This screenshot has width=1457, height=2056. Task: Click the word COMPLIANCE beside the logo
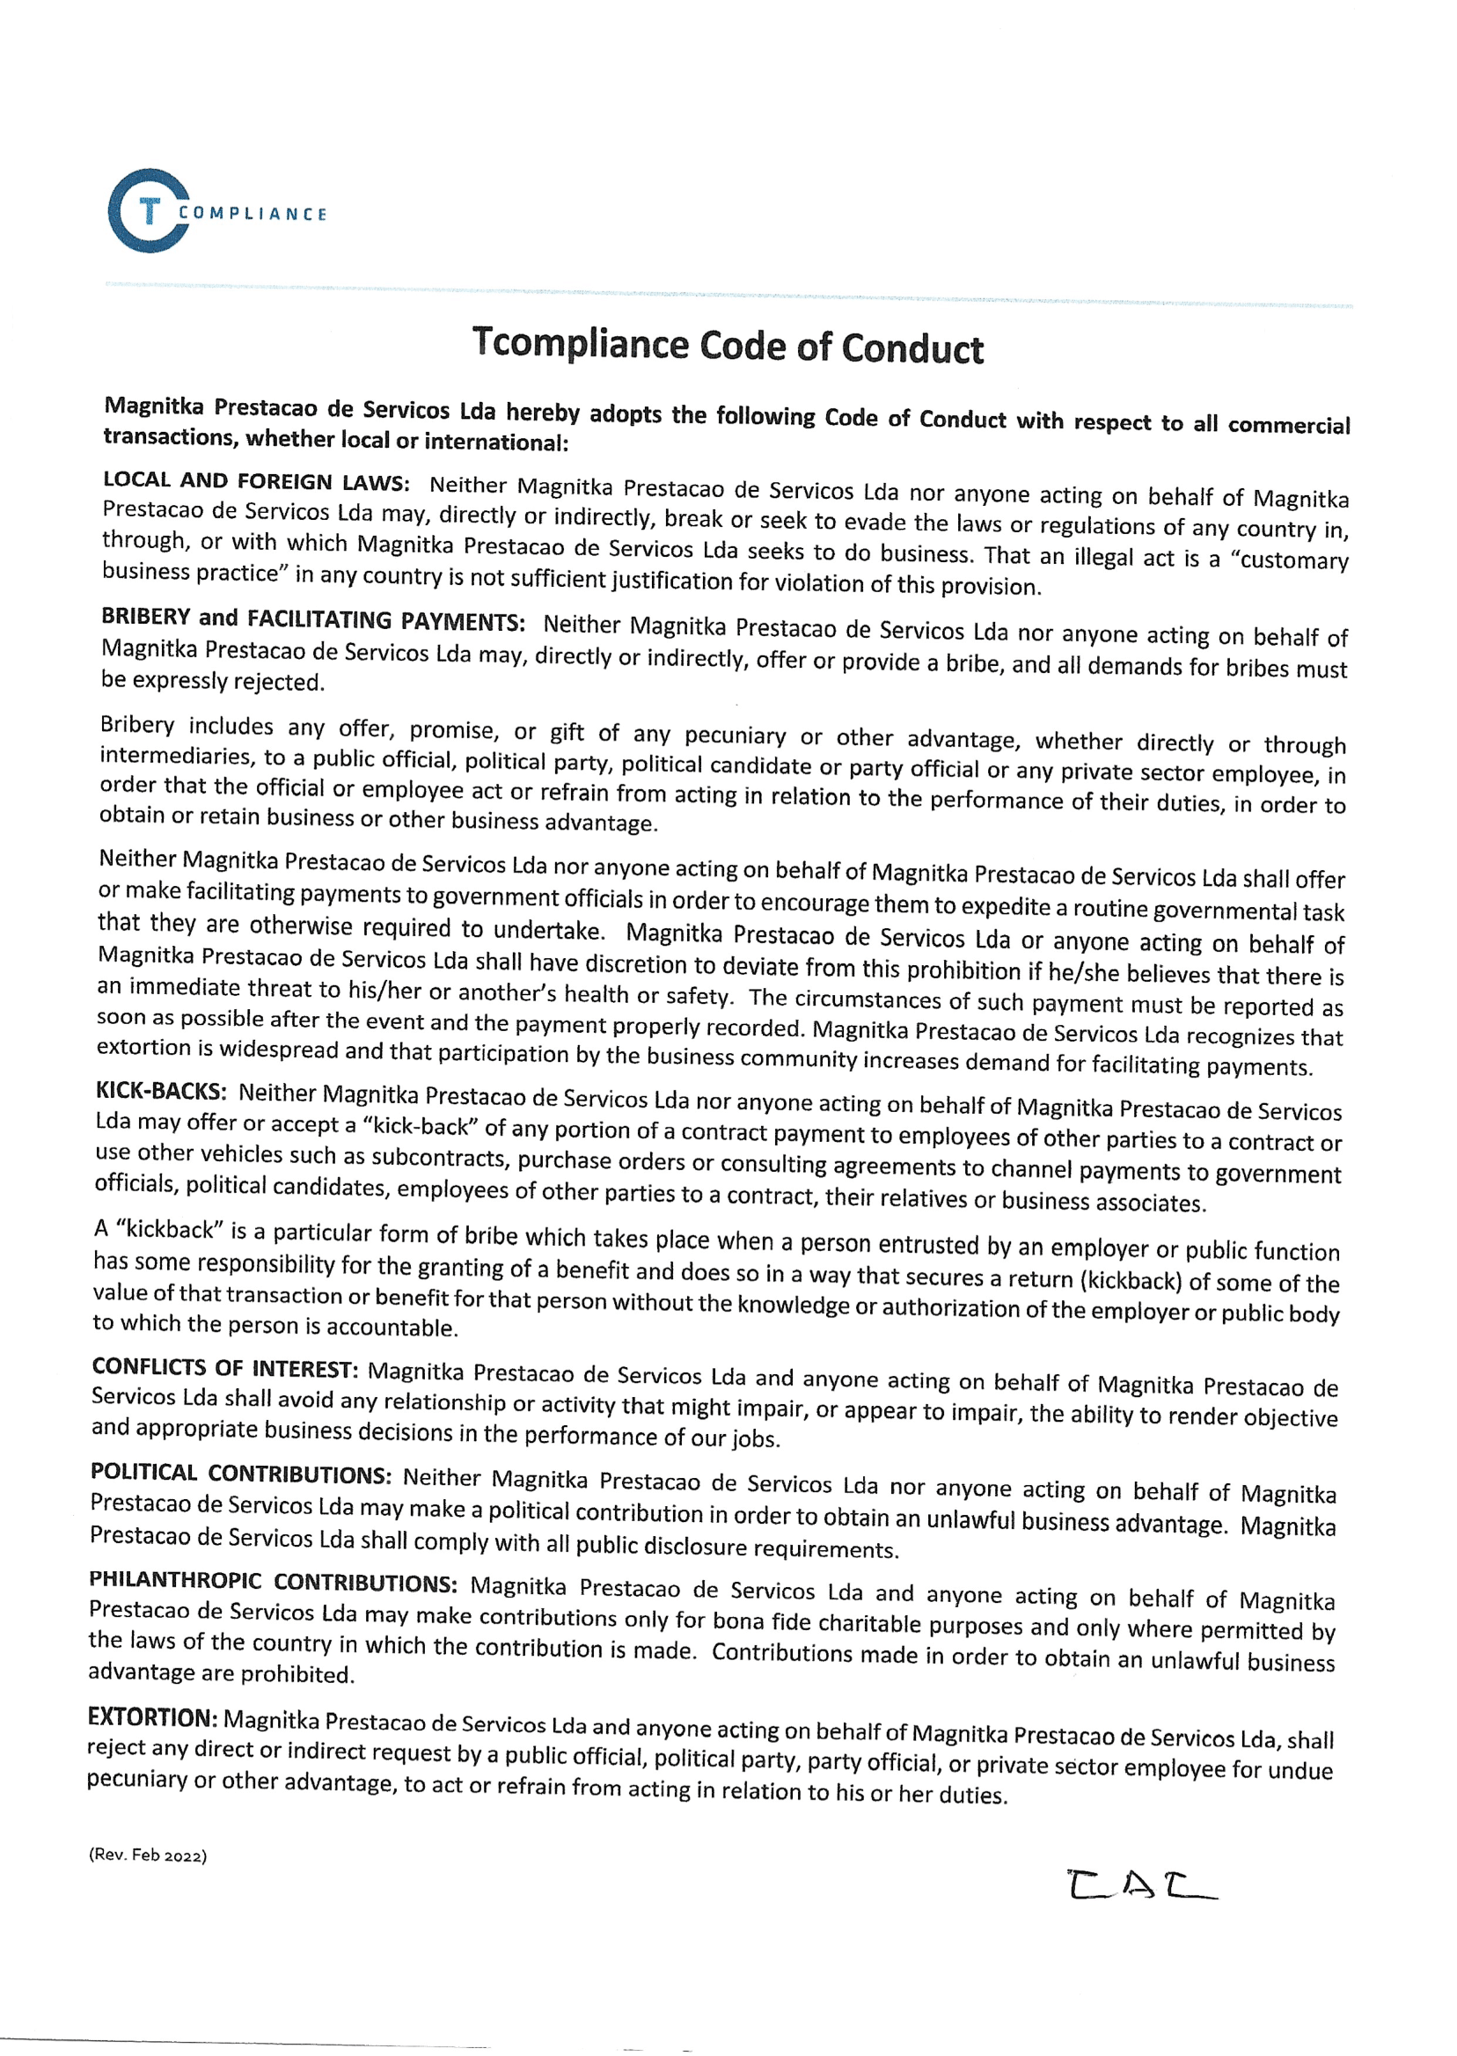click(253, 215)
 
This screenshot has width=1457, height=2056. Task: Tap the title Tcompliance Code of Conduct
click(728, 347)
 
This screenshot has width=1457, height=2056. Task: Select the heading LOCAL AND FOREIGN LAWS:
click(256, 482)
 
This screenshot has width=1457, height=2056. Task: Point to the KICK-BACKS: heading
click(161, 1092)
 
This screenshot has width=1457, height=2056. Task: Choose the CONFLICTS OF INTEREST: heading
click(224, 1368)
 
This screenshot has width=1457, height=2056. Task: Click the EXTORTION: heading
click(152, 1717)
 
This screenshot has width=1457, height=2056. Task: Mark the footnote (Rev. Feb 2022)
click(148, 1855)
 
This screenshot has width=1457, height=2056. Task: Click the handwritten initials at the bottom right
click(1141, 1886)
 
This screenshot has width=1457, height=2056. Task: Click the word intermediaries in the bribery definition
click(176, 757)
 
